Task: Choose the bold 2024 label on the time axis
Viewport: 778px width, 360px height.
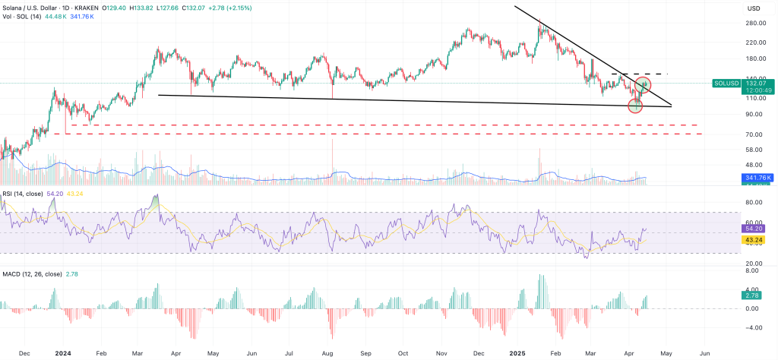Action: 63,353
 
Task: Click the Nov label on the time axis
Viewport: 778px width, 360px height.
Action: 441,353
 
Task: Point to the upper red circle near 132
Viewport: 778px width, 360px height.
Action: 644,84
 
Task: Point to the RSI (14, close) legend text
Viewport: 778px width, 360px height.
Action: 24,194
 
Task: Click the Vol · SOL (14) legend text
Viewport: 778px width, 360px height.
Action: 23,16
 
